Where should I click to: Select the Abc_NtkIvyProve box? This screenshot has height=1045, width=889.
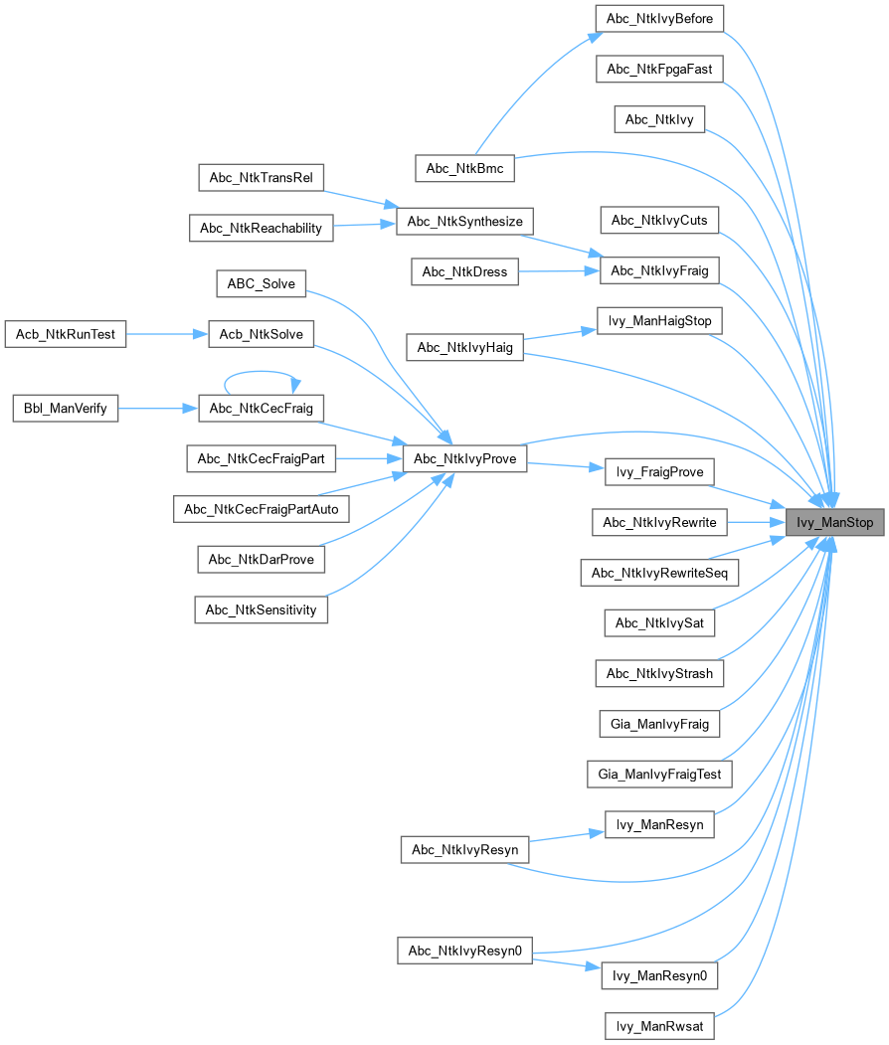464,458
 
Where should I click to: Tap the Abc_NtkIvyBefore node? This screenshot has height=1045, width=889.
659,18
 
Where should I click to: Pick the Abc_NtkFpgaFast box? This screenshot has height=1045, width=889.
659,69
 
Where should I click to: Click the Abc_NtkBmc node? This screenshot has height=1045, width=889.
464,169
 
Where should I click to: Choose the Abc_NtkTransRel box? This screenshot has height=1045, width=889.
261,178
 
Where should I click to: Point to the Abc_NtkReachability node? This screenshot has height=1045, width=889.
261,228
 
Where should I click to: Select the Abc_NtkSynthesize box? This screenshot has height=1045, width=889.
464,220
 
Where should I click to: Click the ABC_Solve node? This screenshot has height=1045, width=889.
262,282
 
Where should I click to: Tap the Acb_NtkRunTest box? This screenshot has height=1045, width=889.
66,334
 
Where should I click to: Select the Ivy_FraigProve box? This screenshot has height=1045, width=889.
659,471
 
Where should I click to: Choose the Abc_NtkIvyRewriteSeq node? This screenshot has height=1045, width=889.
659,572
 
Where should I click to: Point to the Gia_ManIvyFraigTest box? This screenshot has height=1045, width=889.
659,773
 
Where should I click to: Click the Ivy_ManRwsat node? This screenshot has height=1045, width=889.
659,1026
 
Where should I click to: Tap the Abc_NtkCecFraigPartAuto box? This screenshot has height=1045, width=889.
261,509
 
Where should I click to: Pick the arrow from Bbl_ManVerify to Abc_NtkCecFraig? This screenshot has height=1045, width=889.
158,408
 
